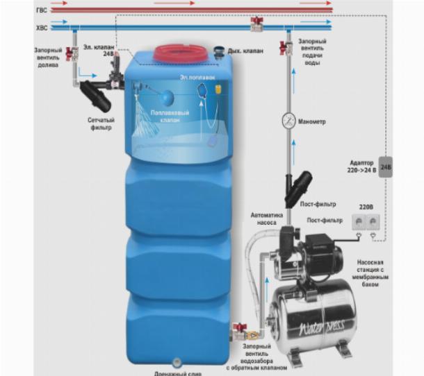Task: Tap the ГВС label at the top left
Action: [41, 10]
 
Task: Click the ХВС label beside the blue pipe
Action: [41, 28]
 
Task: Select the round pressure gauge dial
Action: [288, 121]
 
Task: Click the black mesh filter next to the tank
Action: [95, 96]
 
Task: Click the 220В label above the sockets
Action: [365, 207]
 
